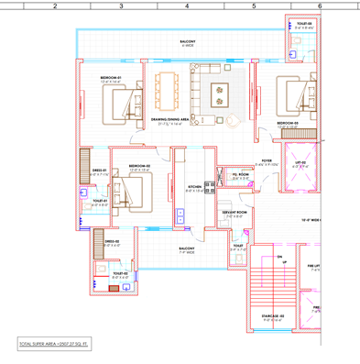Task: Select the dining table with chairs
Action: [167, 90]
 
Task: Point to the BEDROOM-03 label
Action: [289, 122]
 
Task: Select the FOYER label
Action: [267, 160]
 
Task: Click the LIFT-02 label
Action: [300, 166]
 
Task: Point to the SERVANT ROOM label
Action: [234, 214]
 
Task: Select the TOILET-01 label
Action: [100, 201]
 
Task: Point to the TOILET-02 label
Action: [120, 273]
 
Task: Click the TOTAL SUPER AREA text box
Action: [54, 345]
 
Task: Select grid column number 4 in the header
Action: [187, 6]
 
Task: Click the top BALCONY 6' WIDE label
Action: [188, 42]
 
